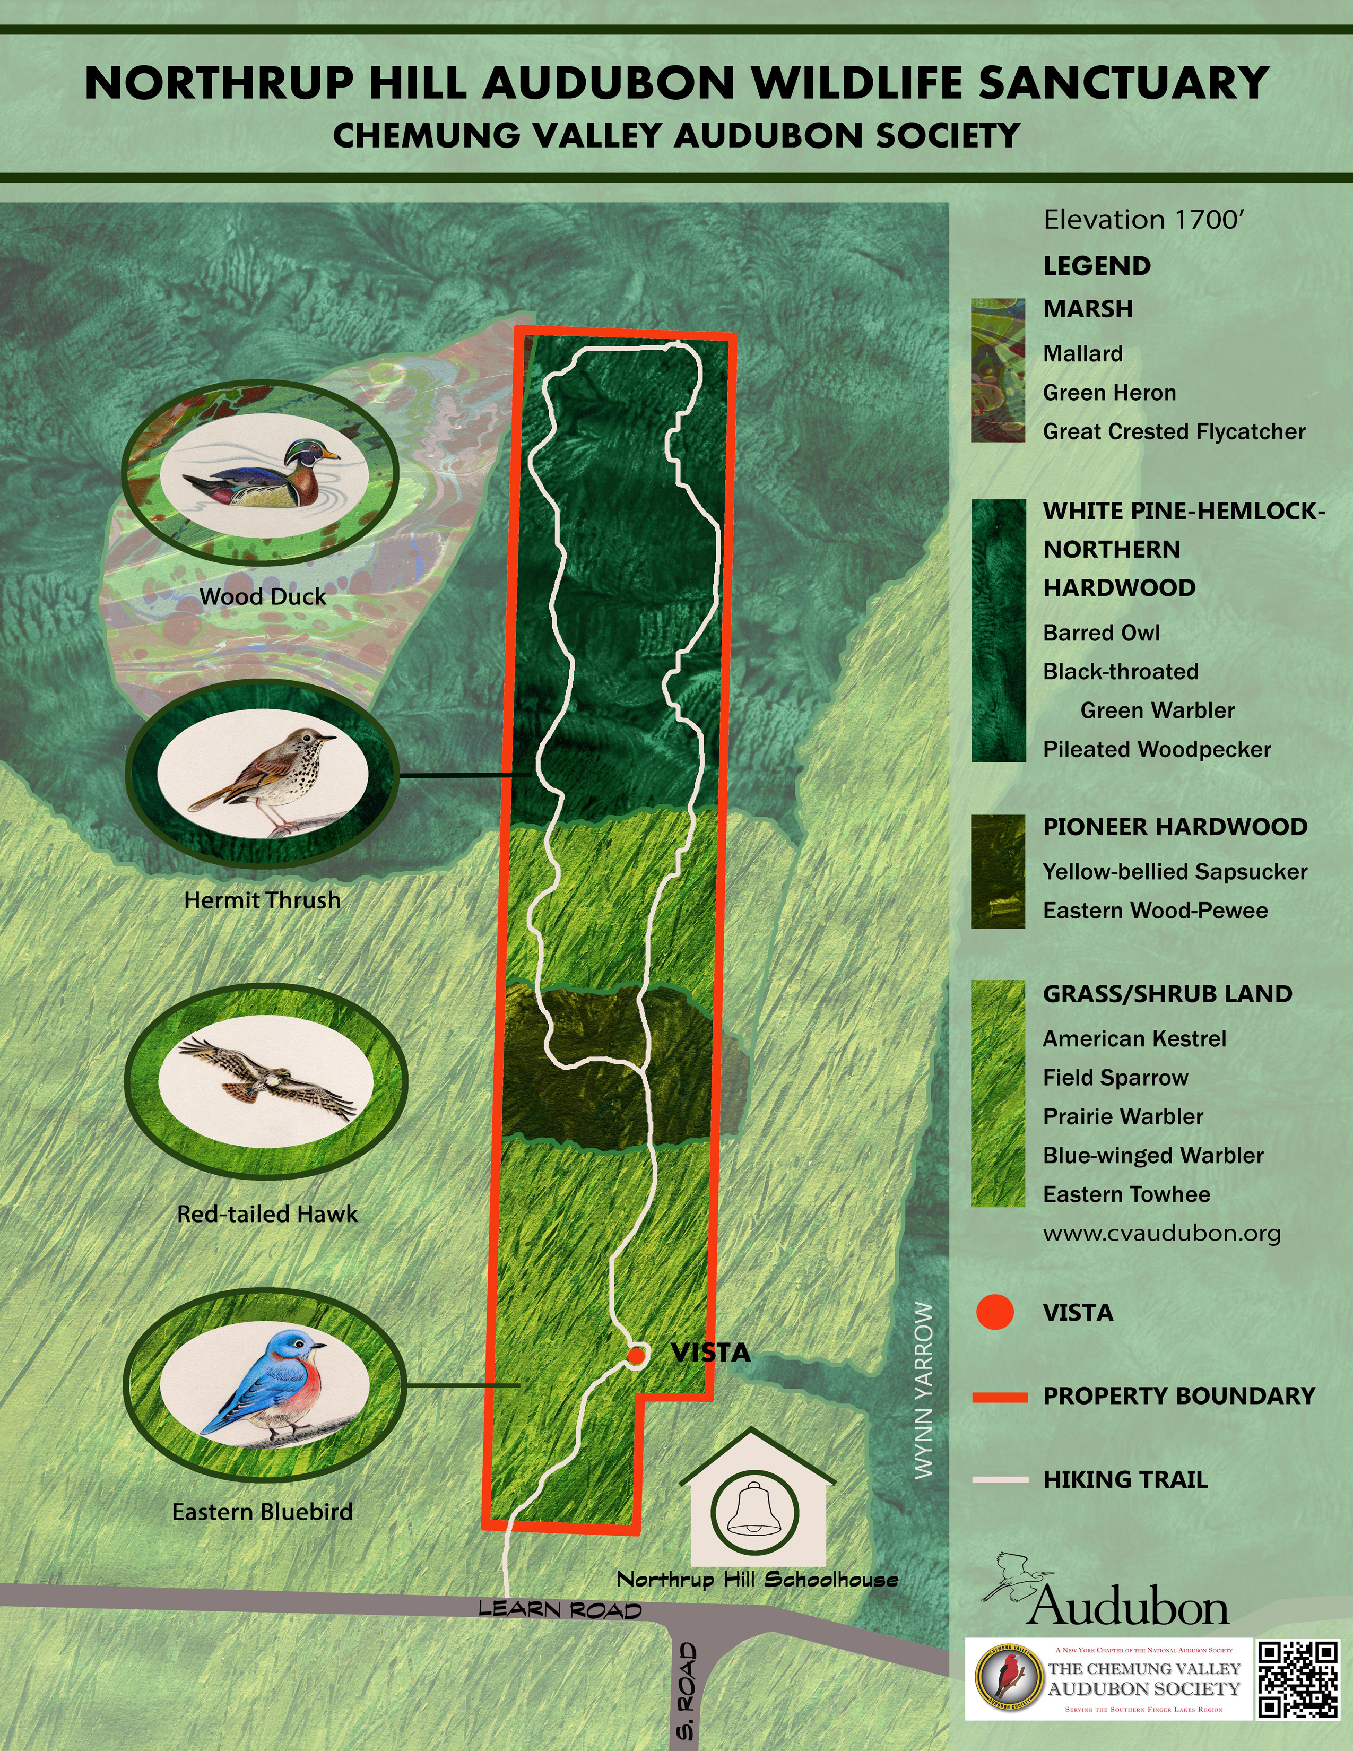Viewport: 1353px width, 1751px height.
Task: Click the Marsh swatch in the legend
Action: click(998, 370)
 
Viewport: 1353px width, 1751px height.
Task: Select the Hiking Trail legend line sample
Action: click(1000, 1479)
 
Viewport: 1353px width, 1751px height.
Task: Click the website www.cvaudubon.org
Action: click(1161, 1234)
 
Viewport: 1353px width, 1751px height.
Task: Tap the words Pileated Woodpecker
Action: click(1157, 750)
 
